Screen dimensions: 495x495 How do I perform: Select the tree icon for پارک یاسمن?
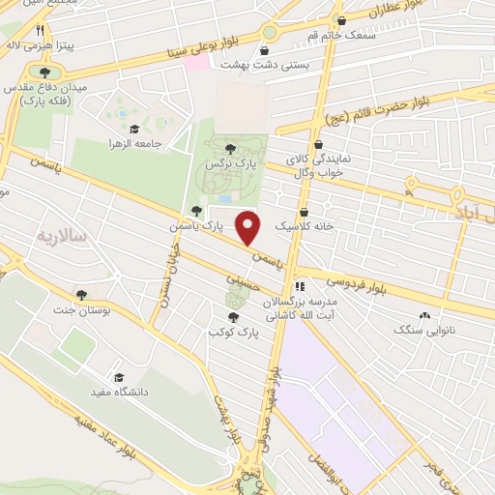point(197,211)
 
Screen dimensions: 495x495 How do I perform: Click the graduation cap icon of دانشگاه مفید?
point(118,378)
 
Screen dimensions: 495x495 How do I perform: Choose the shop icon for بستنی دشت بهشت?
point(266,51)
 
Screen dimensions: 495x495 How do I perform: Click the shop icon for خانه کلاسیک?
point(305,211)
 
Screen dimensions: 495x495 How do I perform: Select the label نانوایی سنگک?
point(421,331)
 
